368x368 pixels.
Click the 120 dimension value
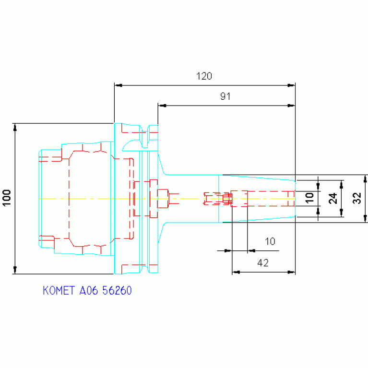click(x=204, y=76)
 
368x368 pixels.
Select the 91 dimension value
click(x=226, y=96)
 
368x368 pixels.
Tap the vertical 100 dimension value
click(x=7, y=198)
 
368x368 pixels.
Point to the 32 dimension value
click(x=357, y=198)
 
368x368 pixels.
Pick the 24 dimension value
click(x=333, y=198)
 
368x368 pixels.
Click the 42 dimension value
click(x=263, y=263)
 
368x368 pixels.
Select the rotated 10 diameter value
click(x=310, y=198)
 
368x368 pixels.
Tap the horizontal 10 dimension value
click(x=270, y=241)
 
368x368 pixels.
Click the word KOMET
click(x=59, y=291)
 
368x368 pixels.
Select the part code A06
click(x=88, y=291)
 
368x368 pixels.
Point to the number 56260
click(x=117, y=291)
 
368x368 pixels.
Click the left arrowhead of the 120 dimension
click(x=119, y=85)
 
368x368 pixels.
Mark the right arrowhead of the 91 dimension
click(x=291, y=106)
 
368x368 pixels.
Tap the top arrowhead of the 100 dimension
click(x=15, y=127)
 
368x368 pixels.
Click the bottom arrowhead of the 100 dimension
click(x=15, y=270)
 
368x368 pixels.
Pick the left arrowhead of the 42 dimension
click(x=236, y=272)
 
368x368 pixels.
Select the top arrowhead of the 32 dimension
click(x=365, y=179)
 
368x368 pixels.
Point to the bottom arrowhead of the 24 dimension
click(x=342, y=213)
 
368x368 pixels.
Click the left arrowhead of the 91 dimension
click(x=162, y=106)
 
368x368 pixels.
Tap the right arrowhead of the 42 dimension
click(x=291, y=272)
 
